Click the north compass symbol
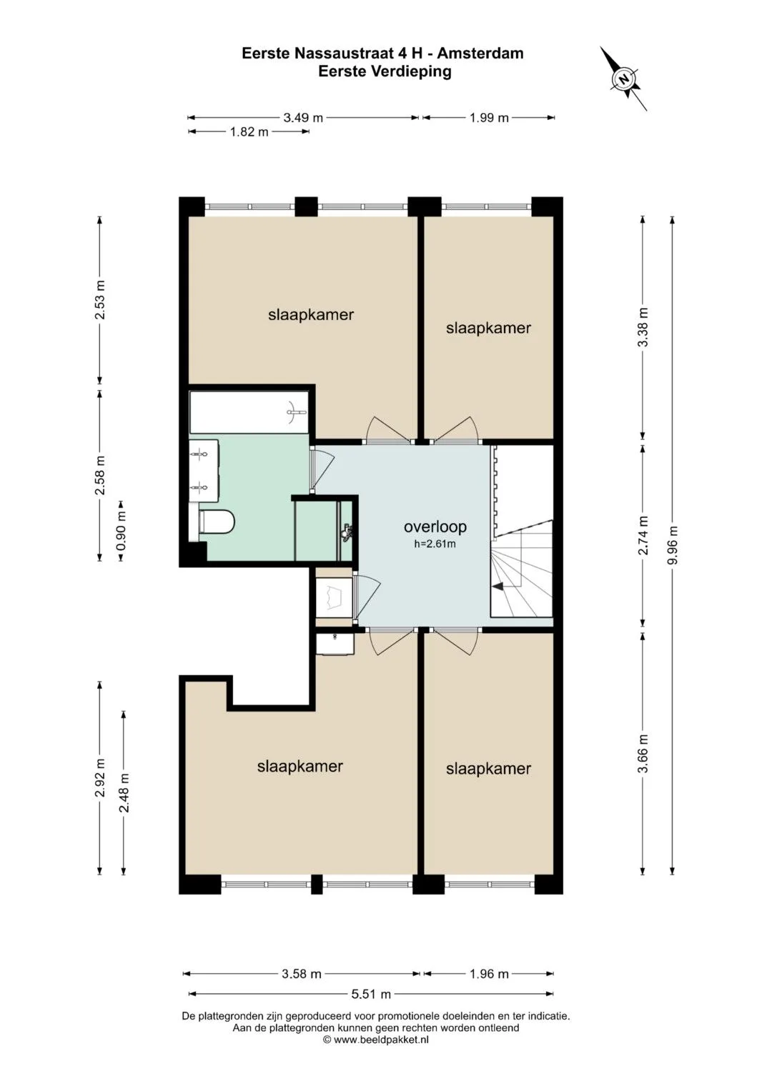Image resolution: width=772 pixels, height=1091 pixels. [623, 79]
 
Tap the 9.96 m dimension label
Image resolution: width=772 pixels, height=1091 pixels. [673, 545]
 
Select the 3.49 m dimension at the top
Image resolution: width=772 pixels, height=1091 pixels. [303, 117]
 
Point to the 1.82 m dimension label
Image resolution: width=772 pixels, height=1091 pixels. [249, 131]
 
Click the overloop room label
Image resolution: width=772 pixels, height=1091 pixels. [435, 527]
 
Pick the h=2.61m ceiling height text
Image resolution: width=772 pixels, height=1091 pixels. [435, 544]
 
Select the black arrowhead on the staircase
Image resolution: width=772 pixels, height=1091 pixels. [499, 587]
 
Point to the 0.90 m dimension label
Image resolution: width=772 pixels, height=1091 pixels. [121, 531]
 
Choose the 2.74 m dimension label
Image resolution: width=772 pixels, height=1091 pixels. [644, 535]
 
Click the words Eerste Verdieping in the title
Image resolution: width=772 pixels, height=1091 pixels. [385, 71]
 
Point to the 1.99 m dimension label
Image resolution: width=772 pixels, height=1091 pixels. [489, 117]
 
